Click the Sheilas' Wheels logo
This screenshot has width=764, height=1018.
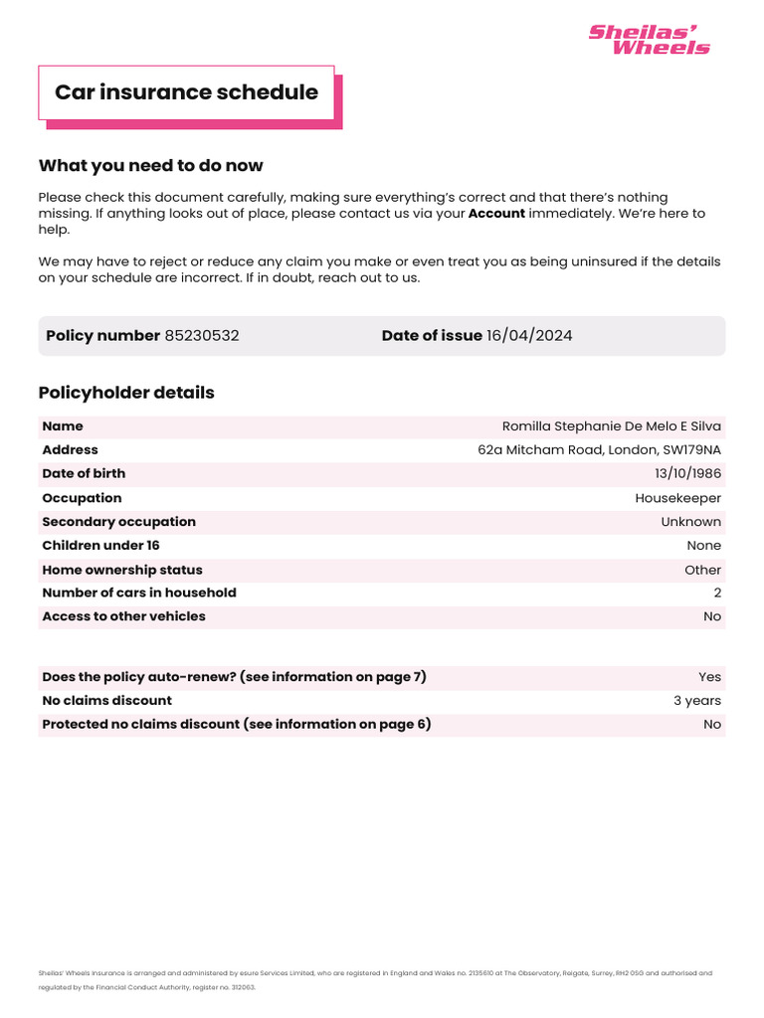(x=649, y=40)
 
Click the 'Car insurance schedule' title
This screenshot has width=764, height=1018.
(x=186, y=92)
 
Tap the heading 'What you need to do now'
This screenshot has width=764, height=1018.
(x=150, y=165)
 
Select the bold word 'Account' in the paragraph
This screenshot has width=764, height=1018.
(x=496, y=213)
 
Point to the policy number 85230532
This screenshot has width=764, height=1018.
(x=202, y=336)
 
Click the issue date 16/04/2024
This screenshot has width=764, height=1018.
(x=529, y=336)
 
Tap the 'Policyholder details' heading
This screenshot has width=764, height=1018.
(x=126, y=393)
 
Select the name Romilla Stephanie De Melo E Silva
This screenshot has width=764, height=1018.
(x=612, y=426)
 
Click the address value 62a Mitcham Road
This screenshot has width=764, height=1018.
(x=599, y=450)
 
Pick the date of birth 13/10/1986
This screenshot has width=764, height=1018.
(x=687, y=474)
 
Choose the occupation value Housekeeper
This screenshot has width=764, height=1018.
(x=678, y=498)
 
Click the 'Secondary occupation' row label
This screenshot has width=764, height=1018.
(x=118, y=522)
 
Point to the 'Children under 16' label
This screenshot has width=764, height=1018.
(x=100, y=546)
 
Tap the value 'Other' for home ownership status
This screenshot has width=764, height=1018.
(x=703, y=570)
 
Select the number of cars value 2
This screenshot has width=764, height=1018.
(x=717, y=593)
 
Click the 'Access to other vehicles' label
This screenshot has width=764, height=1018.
(x=123, y=616)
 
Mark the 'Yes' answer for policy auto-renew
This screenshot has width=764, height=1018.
(x=709, y=677)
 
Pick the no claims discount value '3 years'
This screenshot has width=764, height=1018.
(x=697, y=701)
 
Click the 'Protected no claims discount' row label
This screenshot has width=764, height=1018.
(x=237, y=725)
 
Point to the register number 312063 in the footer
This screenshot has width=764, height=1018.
(x=244, y=988)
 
